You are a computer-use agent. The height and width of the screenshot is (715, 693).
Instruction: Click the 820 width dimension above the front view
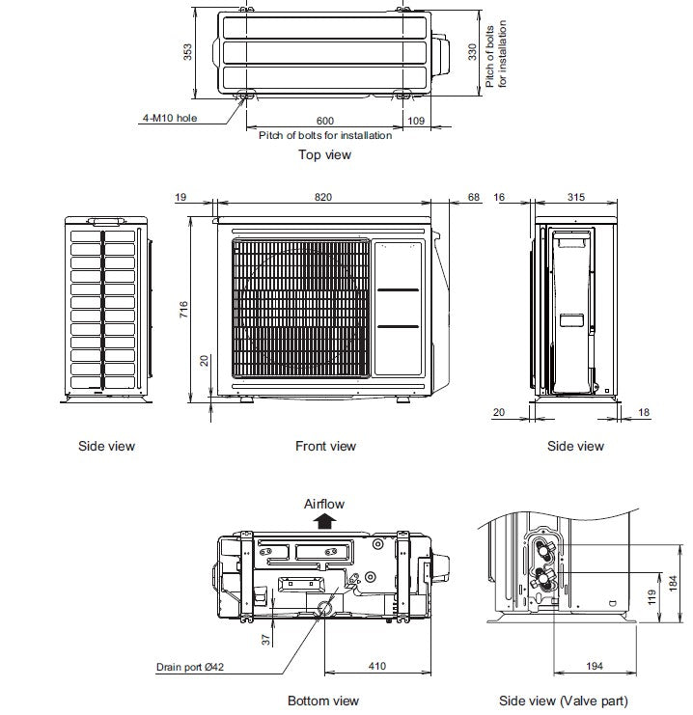pyautogui.click(x=322, y=197)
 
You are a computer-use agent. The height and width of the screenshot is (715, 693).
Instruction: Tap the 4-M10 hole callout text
pyautogui.click(x=169, y=119)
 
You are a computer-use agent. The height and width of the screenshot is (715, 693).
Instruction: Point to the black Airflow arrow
pyautogui.click(x=324, y=521)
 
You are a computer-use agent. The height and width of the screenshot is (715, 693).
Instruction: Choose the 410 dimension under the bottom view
pyautogui.click(x=376, y=666)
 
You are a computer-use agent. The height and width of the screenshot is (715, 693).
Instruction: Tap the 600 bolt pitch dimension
pyautogui.click(x=325, y=121)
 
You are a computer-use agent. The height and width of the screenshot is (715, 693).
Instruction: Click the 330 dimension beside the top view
pyautogui.click(x=473, y=51)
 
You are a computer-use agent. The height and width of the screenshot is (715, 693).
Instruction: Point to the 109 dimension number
pyautogui.click(x=416, y=121)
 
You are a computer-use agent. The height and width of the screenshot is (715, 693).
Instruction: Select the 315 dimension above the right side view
pyautogui.click(x=576, y=197)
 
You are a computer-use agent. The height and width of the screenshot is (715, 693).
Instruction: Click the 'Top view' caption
pyautogui.click(x=324, y=154)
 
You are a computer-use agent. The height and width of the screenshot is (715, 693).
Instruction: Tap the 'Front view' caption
pyautogui.click(x=325, y=446)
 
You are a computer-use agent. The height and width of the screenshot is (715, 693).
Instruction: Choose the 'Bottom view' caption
pyautogui.click(x=323, y=701)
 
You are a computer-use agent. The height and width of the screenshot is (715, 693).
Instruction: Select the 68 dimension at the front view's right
pyautogui.click(x=473, y=197)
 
